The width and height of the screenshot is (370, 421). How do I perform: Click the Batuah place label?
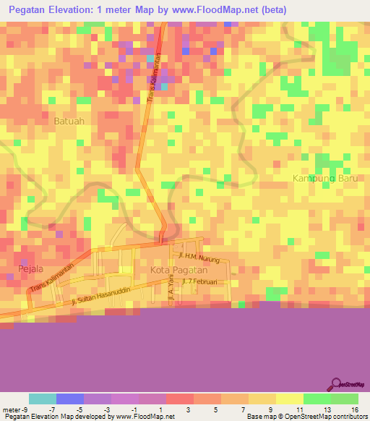click(x=69, y=122)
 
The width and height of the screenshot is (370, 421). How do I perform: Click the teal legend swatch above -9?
click(x=42, y=399)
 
